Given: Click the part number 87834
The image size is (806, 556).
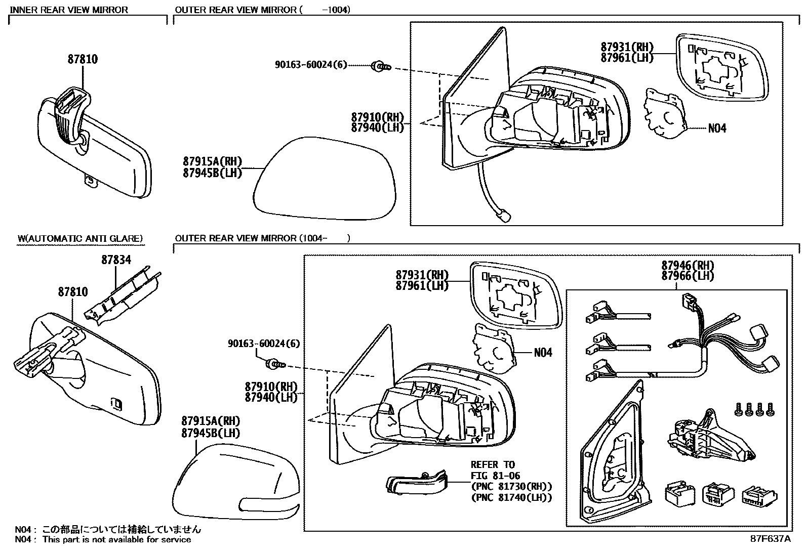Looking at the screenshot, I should (116, 260).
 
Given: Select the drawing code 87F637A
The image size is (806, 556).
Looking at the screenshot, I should (770, 539).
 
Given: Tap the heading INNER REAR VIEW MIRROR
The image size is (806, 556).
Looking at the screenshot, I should (69, 10).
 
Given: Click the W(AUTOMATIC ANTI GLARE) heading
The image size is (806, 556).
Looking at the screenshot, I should (80, 238).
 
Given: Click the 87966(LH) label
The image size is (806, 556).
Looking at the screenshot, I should (688, 276).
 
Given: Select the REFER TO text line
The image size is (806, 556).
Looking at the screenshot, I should (492, 464).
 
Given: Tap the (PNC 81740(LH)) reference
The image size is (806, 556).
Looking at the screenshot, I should (511, 498).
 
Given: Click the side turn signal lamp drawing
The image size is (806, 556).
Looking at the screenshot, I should (417, 483).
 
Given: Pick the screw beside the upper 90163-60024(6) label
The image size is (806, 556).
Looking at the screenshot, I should (381, 66).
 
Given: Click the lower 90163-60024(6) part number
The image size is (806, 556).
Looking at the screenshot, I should (263, 344).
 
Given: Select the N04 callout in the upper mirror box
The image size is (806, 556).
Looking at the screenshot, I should (717, 129).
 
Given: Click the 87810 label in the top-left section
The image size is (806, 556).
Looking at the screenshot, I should (83, 59).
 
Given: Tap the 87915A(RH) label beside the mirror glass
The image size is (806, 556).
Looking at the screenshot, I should (213, 162).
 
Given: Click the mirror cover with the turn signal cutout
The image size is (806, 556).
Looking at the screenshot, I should (235, 481).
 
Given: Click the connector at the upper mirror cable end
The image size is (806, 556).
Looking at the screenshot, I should (503, 216).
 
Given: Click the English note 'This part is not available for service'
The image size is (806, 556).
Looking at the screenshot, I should (116, 540).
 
